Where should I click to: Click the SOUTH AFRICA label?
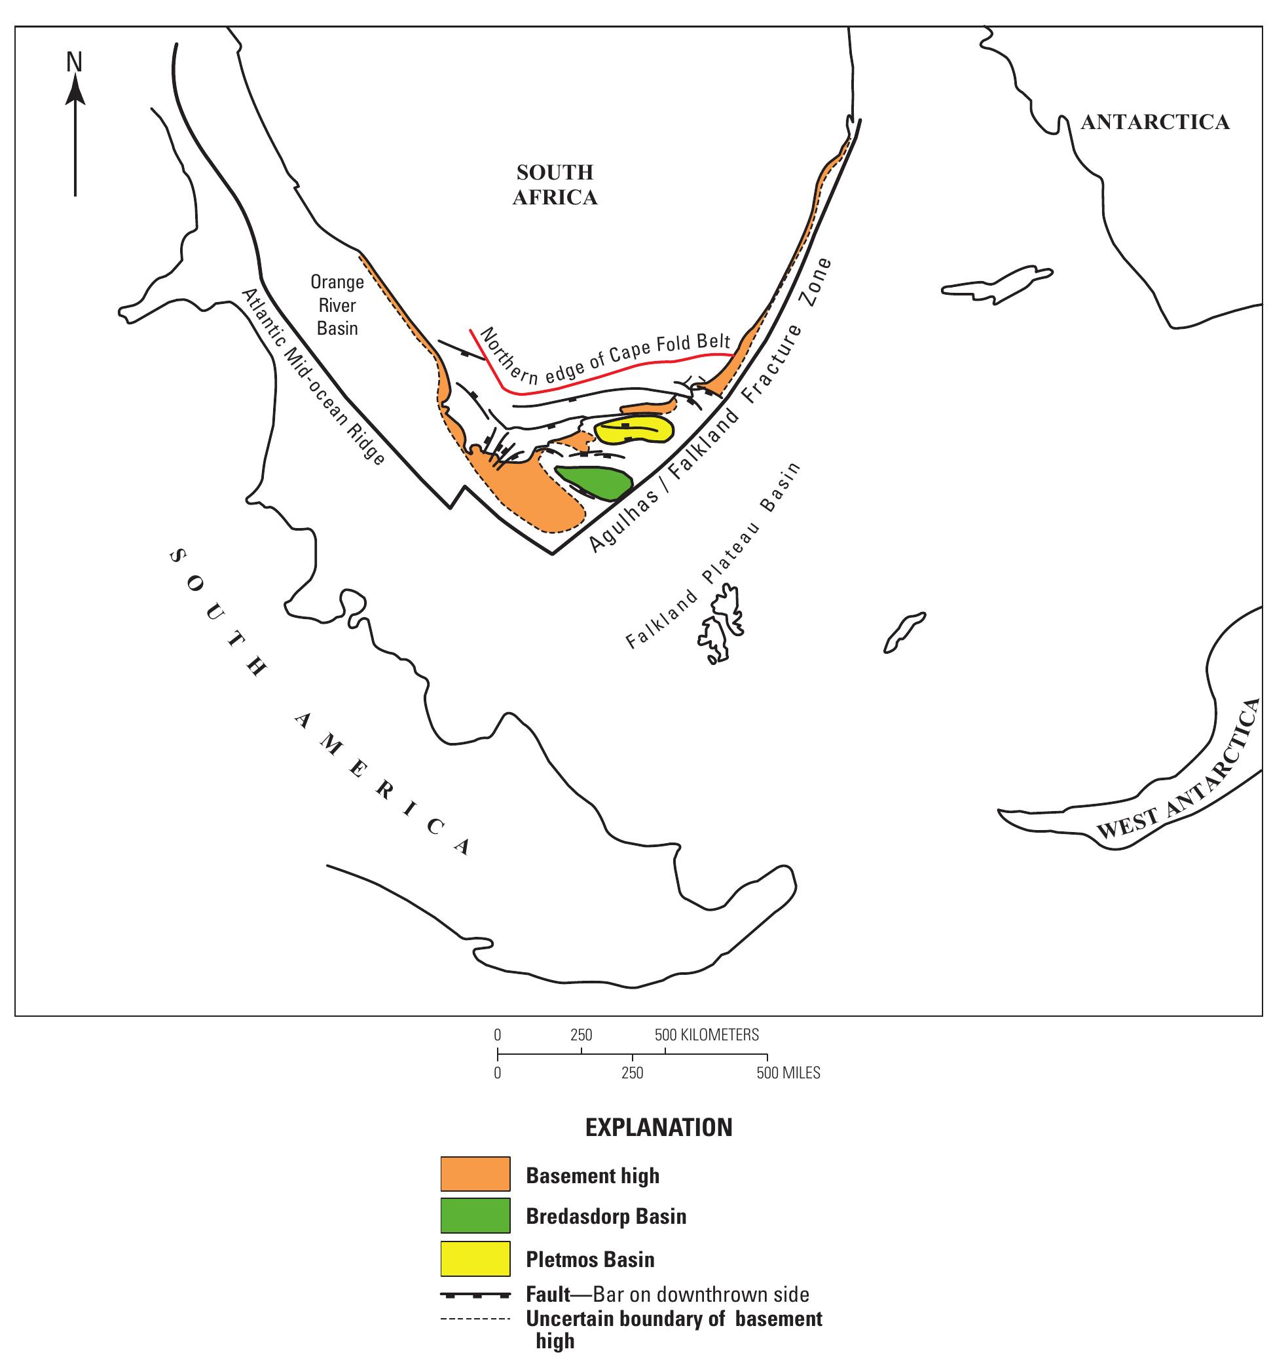tap(555, 185)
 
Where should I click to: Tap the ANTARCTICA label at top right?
tap(1155, 122)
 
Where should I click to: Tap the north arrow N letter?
tap(74, 63)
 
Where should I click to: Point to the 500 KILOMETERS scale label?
tap(707, 1034)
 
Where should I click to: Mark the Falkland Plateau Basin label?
tap(713, 556)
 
